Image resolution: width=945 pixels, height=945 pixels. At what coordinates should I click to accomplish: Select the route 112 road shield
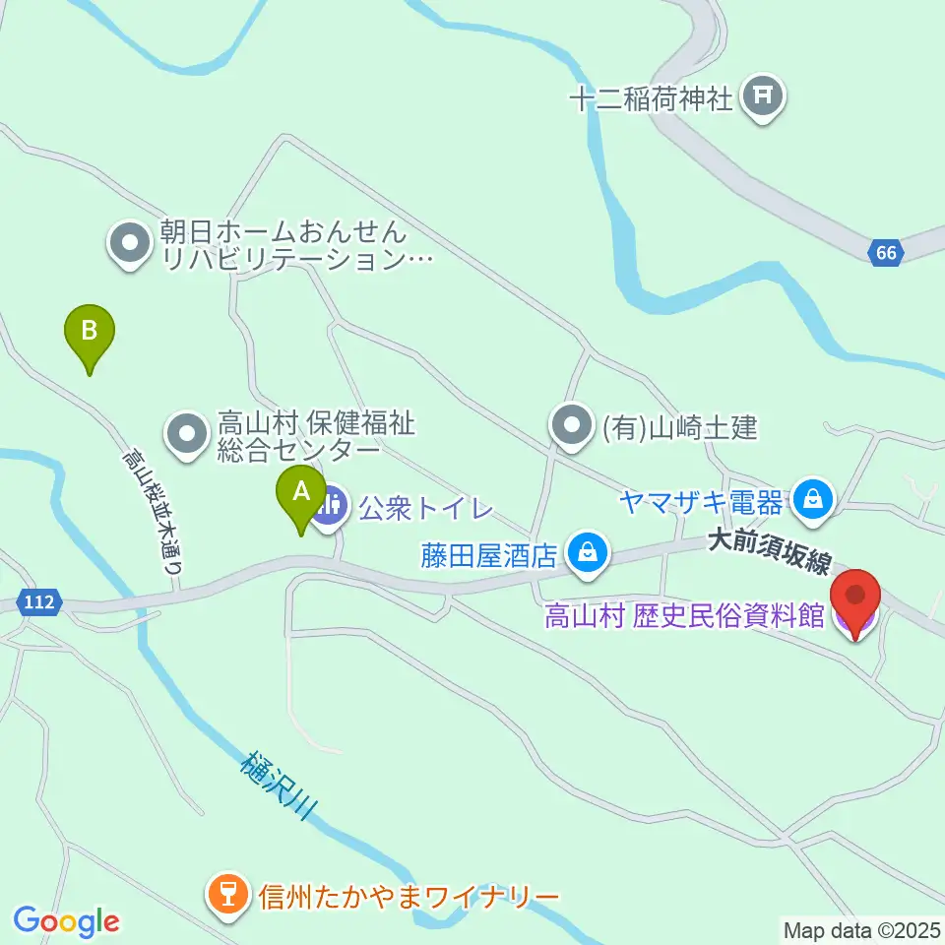[x=40, y=601]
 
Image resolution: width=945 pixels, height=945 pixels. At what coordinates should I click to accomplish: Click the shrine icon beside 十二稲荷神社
[x=764, y=97]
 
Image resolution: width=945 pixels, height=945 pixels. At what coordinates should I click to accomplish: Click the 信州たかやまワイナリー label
[x=408, y=898]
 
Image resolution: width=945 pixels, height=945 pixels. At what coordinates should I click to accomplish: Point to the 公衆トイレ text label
[x=425, y=508]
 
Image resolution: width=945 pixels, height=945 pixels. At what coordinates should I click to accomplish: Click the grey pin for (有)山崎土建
[x=572, y=427]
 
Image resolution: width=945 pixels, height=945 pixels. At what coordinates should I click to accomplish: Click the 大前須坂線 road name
[x=770, y=553]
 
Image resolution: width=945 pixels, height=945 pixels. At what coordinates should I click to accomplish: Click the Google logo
[x=66, y=922]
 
